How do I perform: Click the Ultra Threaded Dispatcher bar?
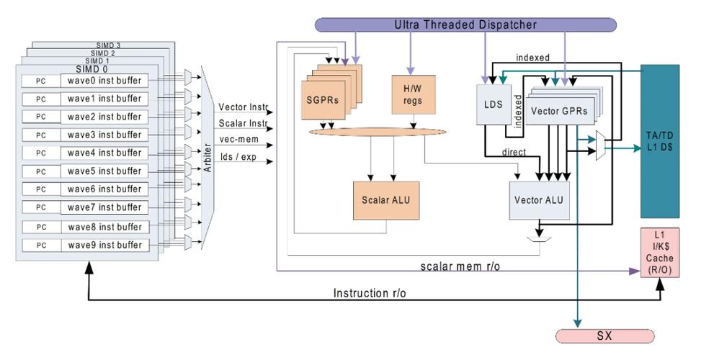tap(465, 25)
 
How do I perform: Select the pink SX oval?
tap(604, 336)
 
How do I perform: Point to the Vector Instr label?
tap(243, 107)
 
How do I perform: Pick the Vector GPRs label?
tap(559, 112)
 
